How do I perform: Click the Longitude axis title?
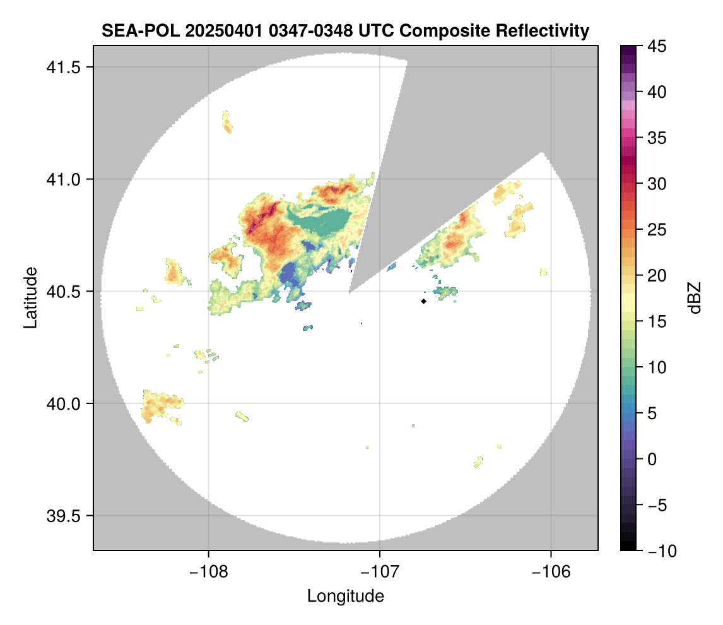tap(345, 595)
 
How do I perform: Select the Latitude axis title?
tap(30, 297)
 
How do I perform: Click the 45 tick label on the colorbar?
tap(654, 46)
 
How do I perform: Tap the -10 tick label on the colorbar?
tap(657, 551)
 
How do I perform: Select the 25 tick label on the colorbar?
tap(654, 230)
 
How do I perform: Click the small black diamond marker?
tap(423, 301)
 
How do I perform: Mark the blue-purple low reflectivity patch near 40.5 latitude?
tap(291, 275)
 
